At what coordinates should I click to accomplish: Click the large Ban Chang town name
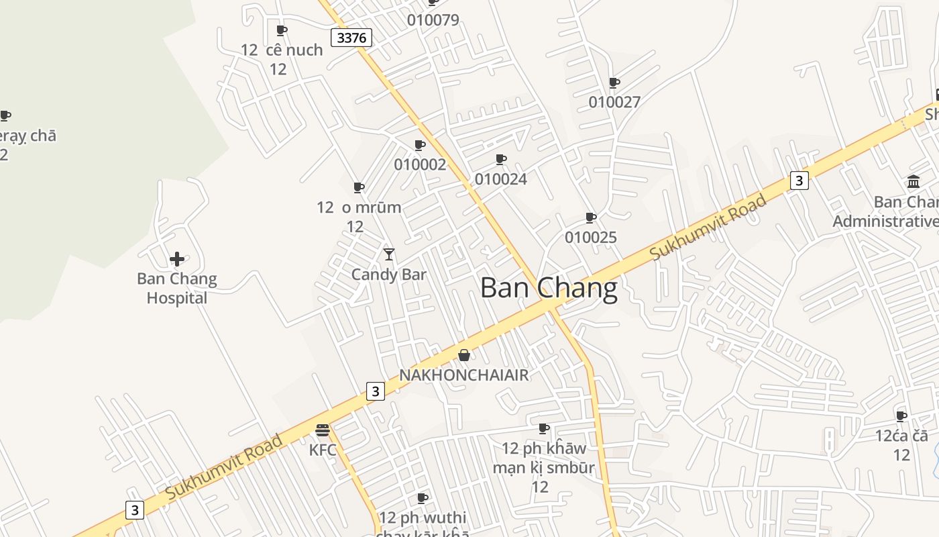[x=549, y=288]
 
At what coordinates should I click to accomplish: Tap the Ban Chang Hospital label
[x=177, y=288]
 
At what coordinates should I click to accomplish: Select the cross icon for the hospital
[x=177, y=259]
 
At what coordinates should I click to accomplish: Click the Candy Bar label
[x=389, y=275]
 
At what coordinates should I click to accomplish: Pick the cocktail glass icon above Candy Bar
[x=389, y=254]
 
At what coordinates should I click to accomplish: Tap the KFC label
[x=323, y=450]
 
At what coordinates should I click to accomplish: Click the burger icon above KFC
[x=323, y=430]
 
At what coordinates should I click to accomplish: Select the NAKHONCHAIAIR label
[x=464, y=375]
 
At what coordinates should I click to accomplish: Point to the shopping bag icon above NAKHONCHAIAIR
[x=464, y=355]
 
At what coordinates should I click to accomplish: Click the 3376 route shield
[x=352, y=38]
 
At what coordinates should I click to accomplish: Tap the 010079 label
[x=433, y=20]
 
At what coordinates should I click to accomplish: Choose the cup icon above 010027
[x=614, y=83]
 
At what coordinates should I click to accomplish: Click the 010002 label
[x=420, y=164]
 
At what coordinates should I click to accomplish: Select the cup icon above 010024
[x=501, y=159]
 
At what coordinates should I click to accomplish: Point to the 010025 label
[x=591, y=238]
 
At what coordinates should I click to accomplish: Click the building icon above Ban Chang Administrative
[x=914, y=181]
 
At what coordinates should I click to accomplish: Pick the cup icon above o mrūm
[x=359, y=187]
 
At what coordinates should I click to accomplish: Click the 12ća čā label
[x=901, y=436]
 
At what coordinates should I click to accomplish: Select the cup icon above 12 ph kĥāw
[x=544, y=428]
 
